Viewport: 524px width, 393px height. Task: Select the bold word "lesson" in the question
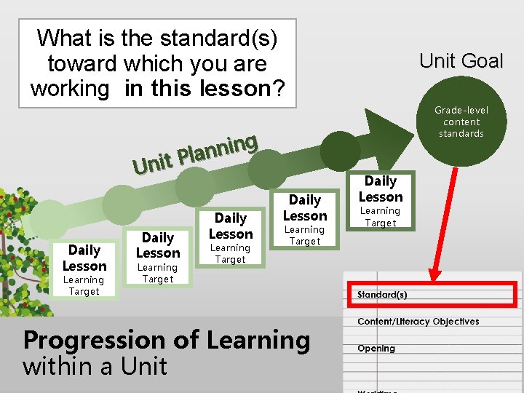pyautogui.click(x=232, y=89)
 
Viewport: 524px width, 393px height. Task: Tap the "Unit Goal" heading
pyautogui.click(x=461, y=61)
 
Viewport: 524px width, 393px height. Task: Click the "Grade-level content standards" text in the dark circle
pyautogui.click(x=461, y=122)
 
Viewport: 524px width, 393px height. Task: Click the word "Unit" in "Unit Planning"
pyautogui.click(x=152, y=164)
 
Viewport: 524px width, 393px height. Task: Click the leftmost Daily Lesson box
pyautogui.click(x=84, y=269)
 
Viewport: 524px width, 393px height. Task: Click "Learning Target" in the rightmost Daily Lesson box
pyautogui.click(x=380, y=217)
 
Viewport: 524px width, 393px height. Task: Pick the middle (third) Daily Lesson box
pyautogui.click(x=231, y=237)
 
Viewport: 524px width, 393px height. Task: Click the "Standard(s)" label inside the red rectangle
pyautogui.click(x=382, y=295)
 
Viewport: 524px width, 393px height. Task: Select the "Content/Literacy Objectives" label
pyautogui.click(x=418, y=322)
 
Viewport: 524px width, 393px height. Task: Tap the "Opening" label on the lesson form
pyautogui.click(x=376, y=349)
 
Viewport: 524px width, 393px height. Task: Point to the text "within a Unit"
pyautogui.click(x=95, y=366)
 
